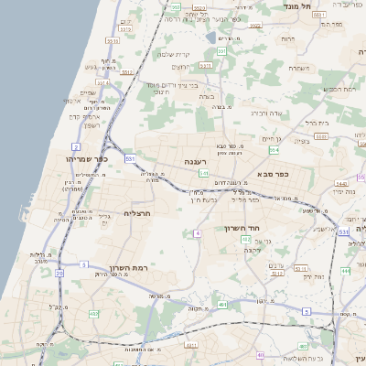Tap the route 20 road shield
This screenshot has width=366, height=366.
click(59, 274)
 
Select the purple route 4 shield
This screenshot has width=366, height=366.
click(198, 234)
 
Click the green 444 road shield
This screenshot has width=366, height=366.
click(345, 271)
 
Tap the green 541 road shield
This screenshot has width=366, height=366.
click(204, 174)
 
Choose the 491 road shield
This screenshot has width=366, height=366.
click(191, 345)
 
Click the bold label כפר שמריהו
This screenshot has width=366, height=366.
click(87, 157)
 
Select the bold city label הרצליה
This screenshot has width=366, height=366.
click(135, 213)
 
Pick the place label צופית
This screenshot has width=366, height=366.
click(302, 141)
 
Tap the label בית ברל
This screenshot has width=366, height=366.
click(317, 122)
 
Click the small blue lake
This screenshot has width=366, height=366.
click(211, 38)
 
